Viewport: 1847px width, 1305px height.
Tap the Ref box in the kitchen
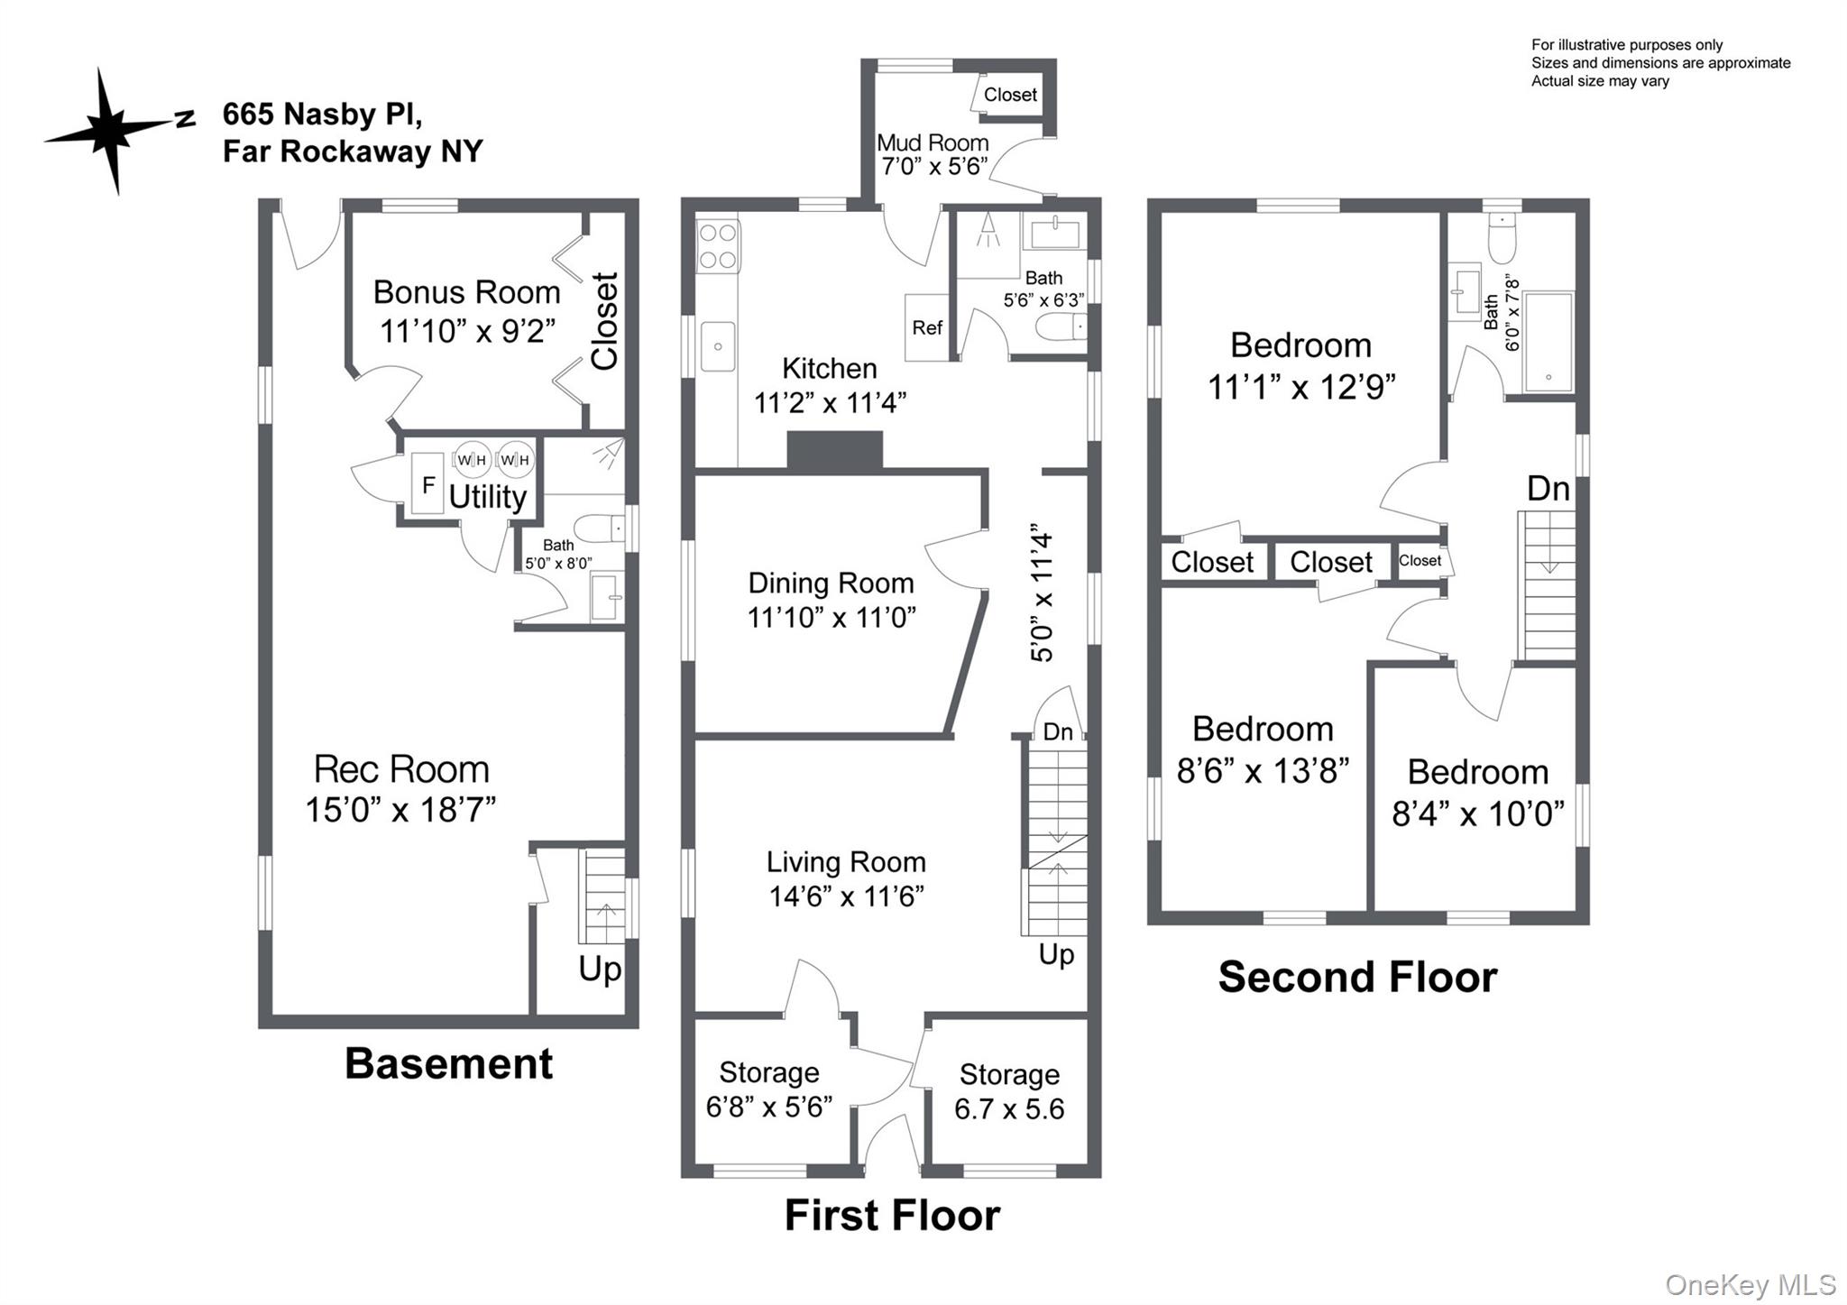pyautogui.click(x=926, y=327)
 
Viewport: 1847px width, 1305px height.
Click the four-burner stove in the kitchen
pyautogui.click(x=718, y=246)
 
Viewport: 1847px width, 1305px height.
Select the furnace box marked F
pyautogui.click(x=428, y=485)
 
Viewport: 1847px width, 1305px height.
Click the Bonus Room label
pyautogui.click(x=466, y=292)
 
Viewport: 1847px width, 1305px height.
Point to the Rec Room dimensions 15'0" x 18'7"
pyautogui.click(x=400, y=809)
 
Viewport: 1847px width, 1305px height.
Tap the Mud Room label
pyautogui.click(x=933, y=142)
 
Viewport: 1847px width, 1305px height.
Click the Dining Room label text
pyautogui.click(x=831, y=583)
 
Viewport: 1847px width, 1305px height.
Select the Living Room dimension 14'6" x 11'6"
pyautogui.click(x=846, y=896)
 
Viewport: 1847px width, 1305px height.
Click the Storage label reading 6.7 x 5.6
pyautogui.click(x=1009, y=1108)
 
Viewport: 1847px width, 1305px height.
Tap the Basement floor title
pyautogui.click(x=448, y=1063)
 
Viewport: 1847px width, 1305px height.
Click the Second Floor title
pyautogui.click(x=1357, y=977)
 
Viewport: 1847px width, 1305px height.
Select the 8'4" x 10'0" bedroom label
pyautogui.click(x=1477, y=813)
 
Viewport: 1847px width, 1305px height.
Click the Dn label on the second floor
pyautogui.click(x=1548, y=489)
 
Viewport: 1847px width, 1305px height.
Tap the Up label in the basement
pyautogui.click(x=600, y=969)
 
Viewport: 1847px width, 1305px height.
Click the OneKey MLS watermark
pyautogui.click(x=1750, y=1284)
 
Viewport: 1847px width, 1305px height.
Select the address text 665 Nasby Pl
pyautogui.click(x=322, y=115)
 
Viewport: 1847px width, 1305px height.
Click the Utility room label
pyautogui.click(x=487, y=496)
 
